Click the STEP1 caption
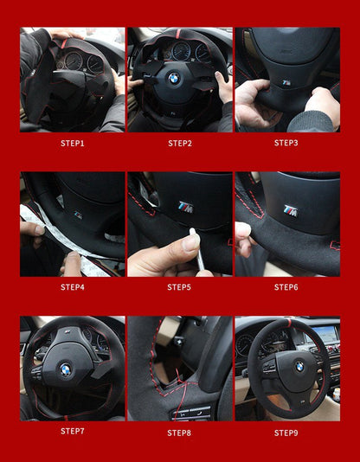73,144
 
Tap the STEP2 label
180,144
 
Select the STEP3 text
286,143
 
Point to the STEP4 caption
73,287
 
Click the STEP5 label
179,287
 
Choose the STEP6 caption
286,287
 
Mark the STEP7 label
73,432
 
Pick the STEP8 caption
179,433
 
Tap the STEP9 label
286,433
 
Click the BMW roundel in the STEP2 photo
174,78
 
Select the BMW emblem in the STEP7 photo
66,369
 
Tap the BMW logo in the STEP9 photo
299,367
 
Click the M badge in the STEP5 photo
185,207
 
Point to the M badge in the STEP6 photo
291,210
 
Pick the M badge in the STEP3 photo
286,82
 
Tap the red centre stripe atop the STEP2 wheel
178,34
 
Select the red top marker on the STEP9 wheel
289,323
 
